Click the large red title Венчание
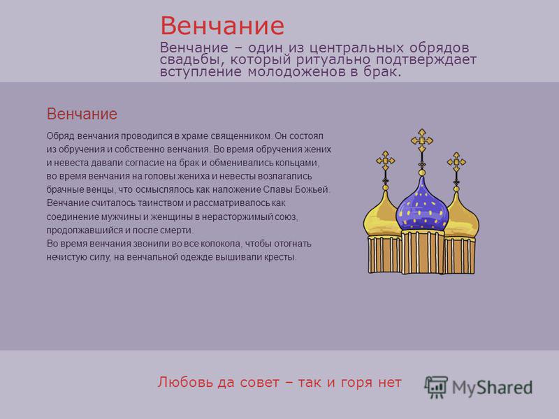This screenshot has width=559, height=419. tap(222, 26)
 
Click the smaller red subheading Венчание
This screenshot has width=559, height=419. tap(82, 114)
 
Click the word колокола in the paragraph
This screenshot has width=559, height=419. tap(221, 244)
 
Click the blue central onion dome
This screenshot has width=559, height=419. tap(422, 207)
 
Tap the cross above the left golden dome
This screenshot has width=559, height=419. tap(386, 161)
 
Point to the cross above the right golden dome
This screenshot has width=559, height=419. tap(456, 162)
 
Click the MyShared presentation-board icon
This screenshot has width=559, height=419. tap(435, 387)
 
